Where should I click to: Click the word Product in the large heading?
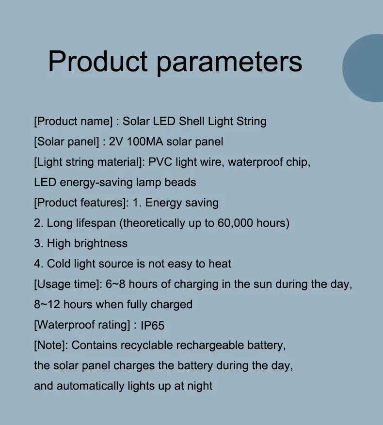97,62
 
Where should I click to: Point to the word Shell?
192,121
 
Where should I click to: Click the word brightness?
101,243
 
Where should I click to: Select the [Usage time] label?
67,284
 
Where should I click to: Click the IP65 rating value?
153,325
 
